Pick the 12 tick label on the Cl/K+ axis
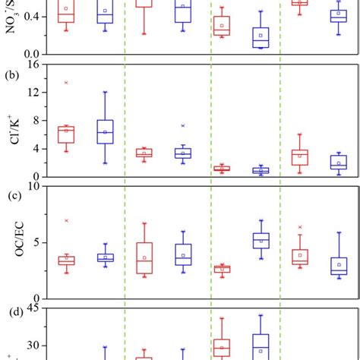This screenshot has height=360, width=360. click(31, 93)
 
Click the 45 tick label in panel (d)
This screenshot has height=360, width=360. click(31, 308)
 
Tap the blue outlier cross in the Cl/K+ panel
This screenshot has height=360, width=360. click(182, 125)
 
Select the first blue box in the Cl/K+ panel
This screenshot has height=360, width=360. click(105, 131)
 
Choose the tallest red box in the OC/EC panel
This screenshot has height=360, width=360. click(144, 257)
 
